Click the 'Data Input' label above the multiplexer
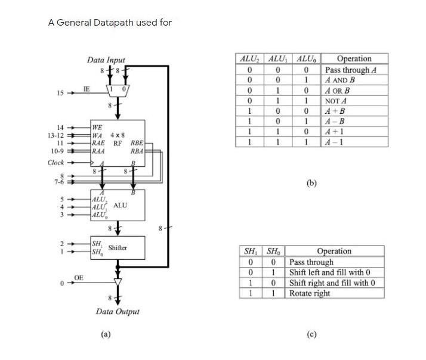[106, 60]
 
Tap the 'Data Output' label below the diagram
[118, 312]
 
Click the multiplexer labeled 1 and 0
[117, 89]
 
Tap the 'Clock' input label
[56, 163]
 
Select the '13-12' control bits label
[55, 135]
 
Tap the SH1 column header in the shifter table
[251, 251]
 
